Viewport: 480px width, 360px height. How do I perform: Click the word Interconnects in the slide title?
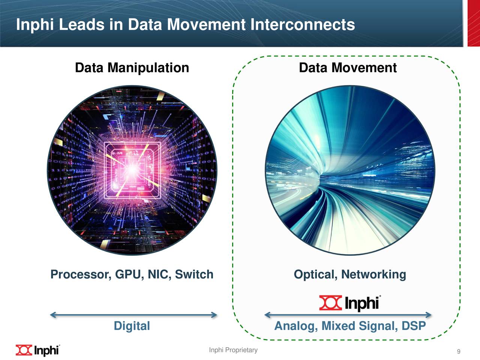pyautogui.click(x=302, y=25)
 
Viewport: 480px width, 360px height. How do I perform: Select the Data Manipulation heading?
pyautogui.click(x=132, y=68)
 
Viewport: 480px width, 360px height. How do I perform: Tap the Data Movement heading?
pyautogui.click(x=348, y=68)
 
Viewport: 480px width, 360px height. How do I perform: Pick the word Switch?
pyautogui.click(x=194, y=274)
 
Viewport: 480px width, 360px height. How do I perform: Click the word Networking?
pyautogui.click(x=373, y=274)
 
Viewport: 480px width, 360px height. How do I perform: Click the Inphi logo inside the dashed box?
pyautogui.click(x=350, y=303)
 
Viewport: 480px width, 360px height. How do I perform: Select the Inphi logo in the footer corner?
pyautogui.click(x=37, y=350)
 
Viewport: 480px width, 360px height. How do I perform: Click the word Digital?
pyautogui.click(x=132, y=326)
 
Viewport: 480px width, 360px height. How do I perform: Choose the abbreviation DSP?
pyautogui.click(x=414, y=326)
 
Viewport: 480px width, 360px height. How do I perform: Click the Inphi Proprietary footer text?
pyautogui.click(x=233, y=350)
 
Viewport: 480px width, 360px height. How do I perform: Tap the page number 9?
pyautogui.click(x=459, y=352)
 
